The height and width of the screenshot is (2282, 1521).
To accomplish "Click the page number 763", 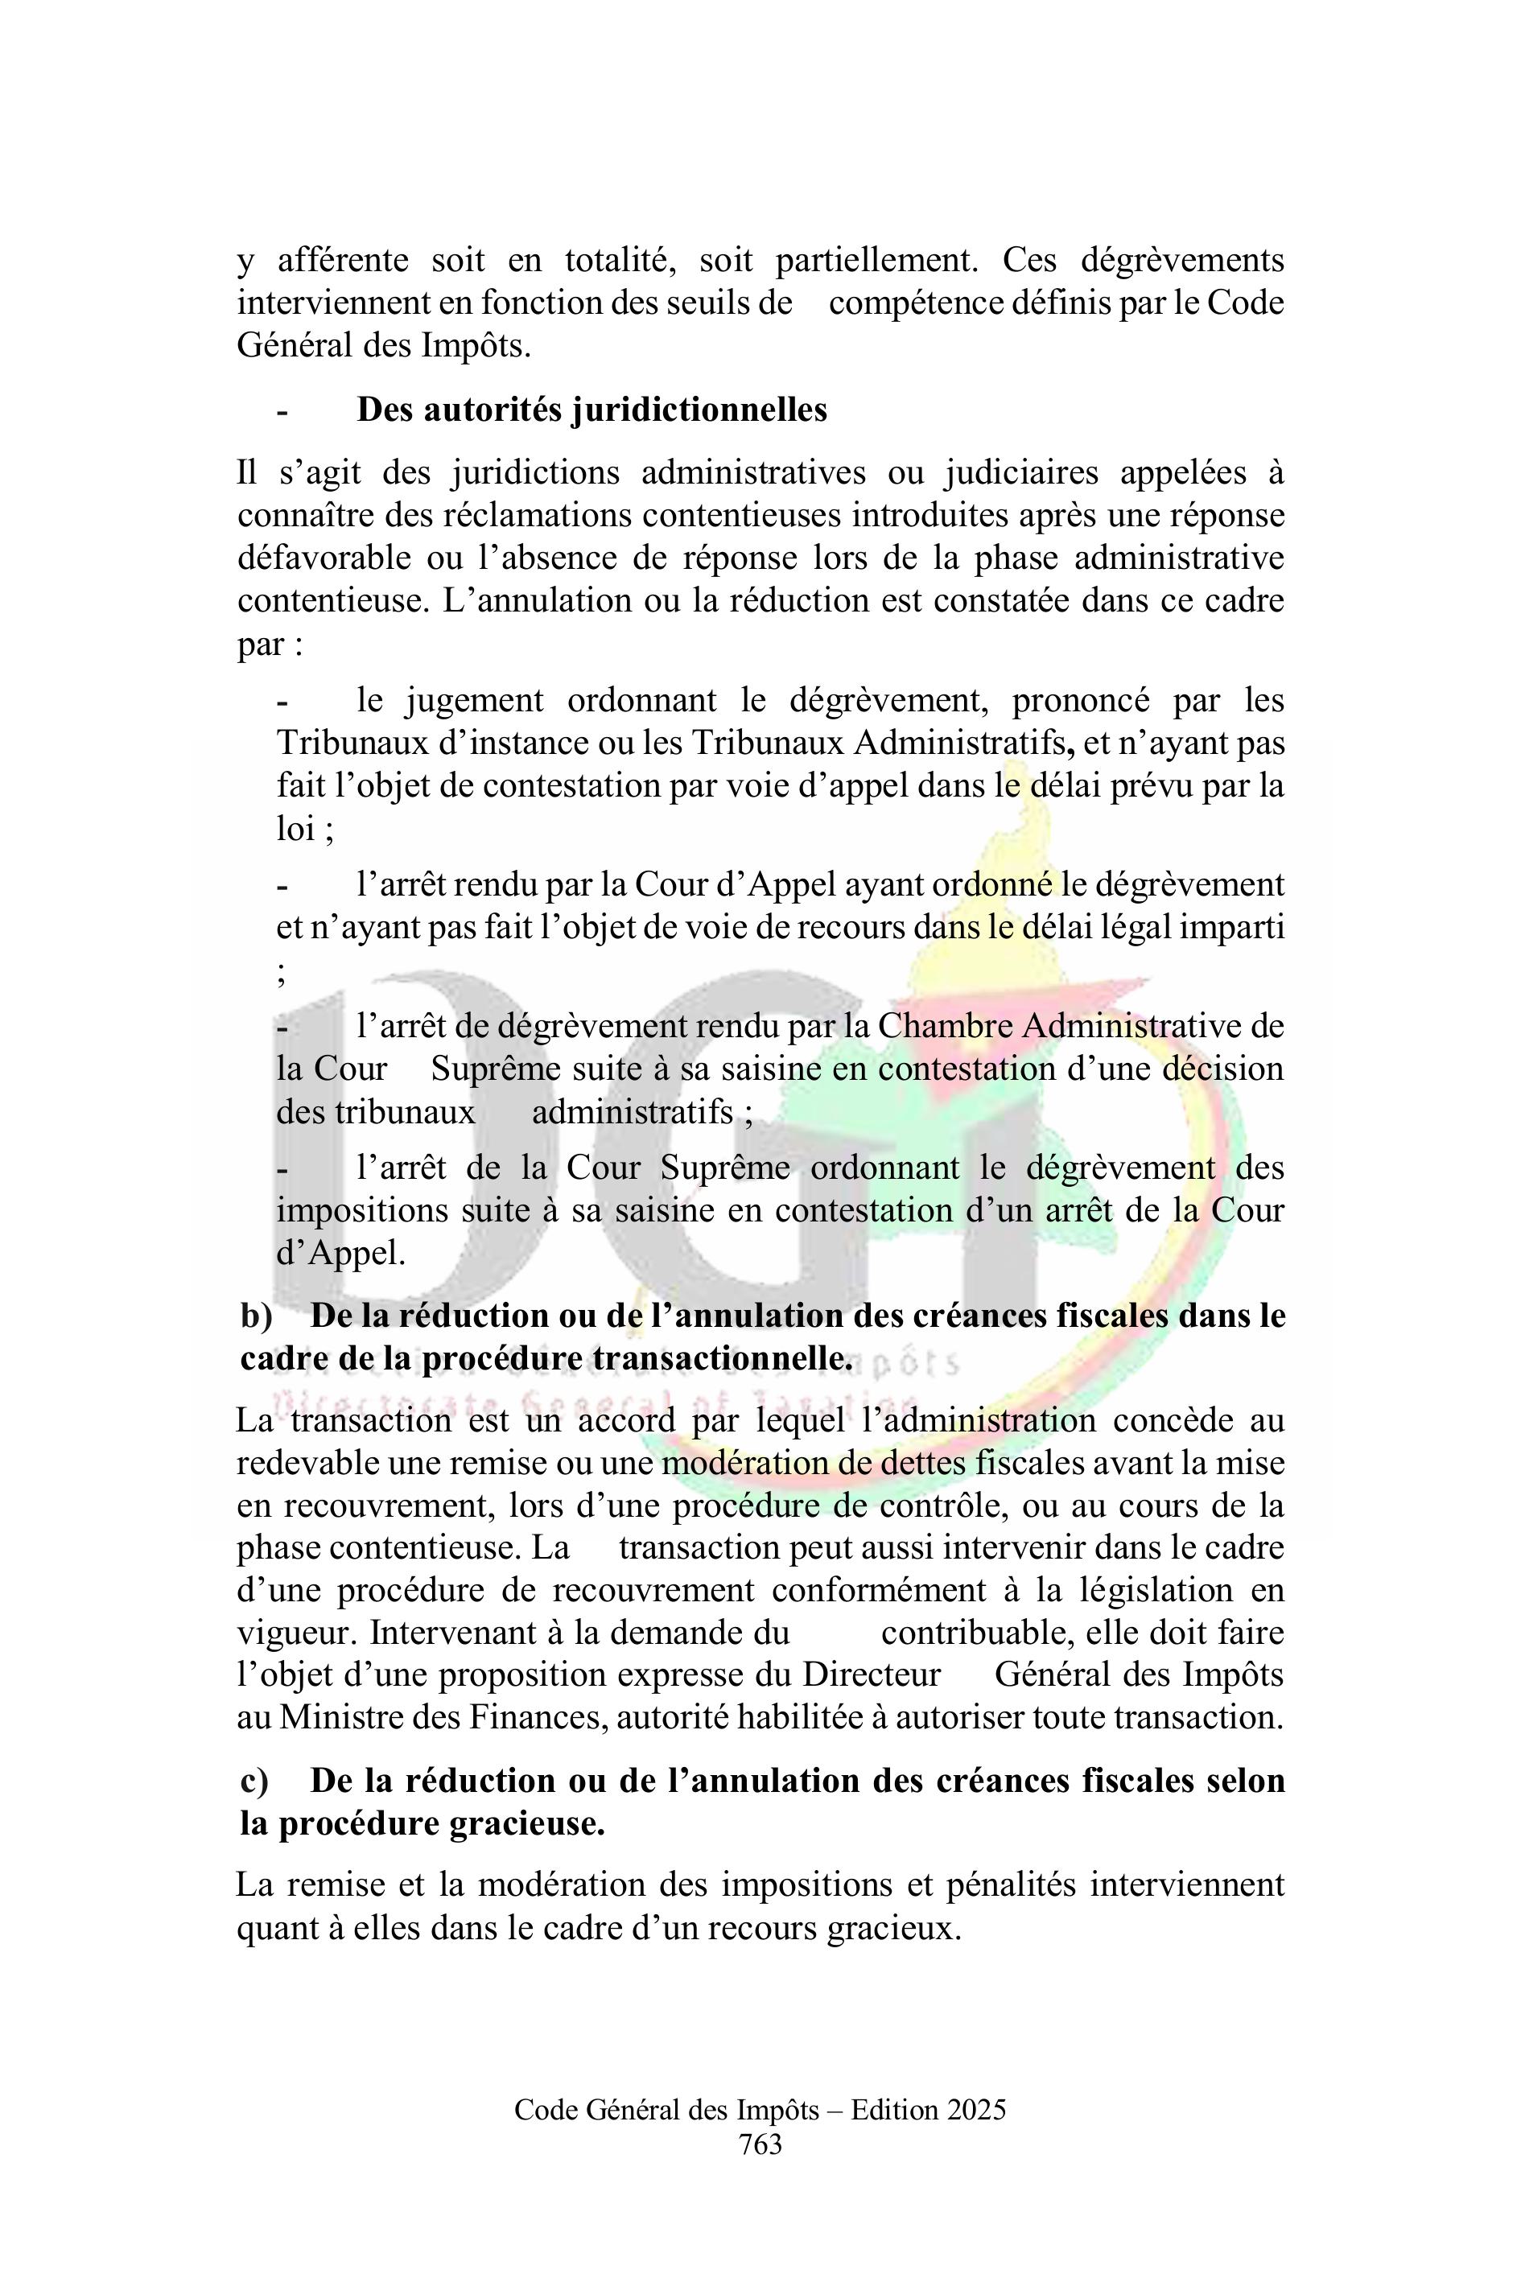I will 760,2144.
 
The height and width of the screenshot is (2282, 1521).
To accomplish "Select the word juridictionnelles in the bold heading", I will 699,410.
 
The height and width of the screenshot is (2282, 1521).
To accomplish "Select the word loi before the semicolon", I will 295,828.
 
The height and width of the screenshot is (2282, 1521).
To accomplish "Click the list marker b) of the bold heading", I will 257,1316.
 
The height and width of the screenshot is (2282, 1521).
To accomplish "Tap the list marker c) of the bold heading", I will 255,1782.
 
